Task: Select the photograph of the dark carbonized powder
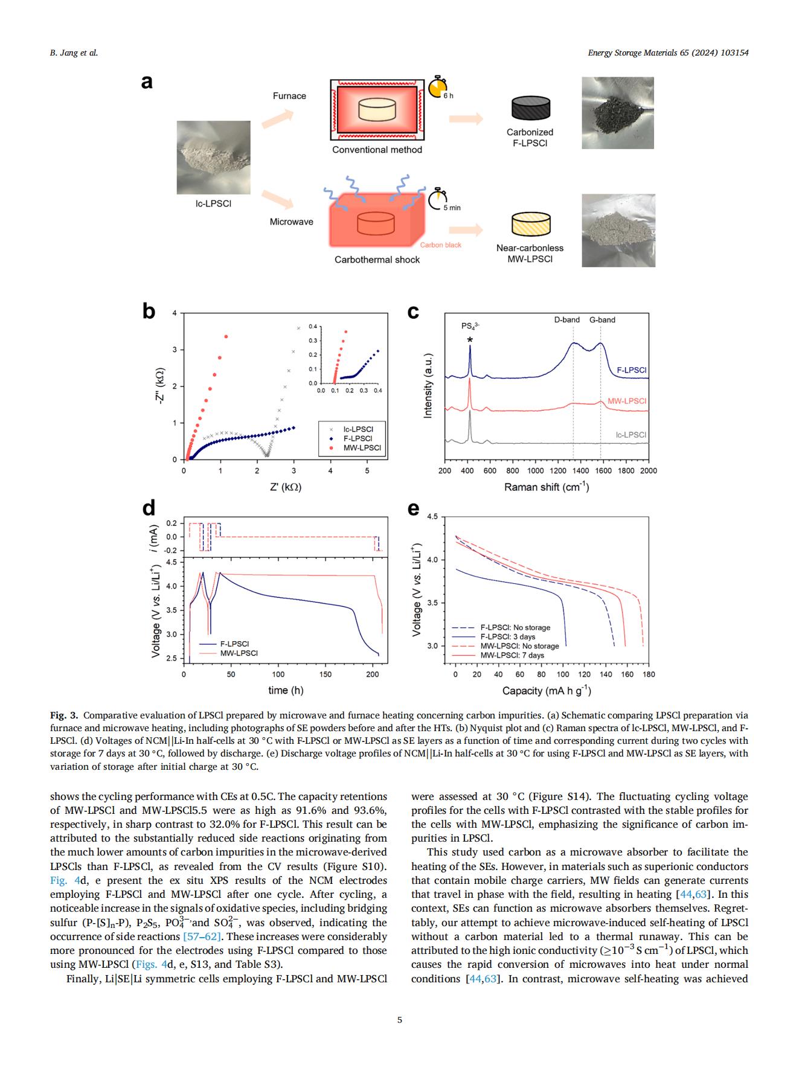(x=617, y=113)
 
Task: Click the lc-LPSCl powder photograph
(x=213, y=157)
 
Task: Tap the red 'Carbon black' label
(x=440, y=245)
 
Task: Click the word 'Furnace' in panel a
(x=289, y=96)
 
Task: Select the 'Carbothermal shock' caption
(x=377, y=260)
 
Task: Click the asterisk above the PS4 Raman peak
(x=470, y=340)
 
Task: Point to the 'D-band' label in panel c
(x=566, y=320)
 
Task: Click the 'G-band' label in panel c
(x=602, y=320)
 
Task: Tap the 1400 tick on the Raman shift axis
(x=580, y=471)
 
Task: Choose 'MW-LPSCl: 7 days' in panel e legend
(x=512, y=655)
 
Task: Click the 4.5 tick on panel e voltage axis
(x=432, y=517)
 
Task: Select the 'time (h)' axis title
(x=286, y=690)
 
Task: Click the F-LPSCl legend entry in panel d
(x=234, y=644)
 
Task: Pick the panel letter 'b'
(x=149, y=311)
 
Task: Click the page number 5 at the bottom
(x=399, y=1020)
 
